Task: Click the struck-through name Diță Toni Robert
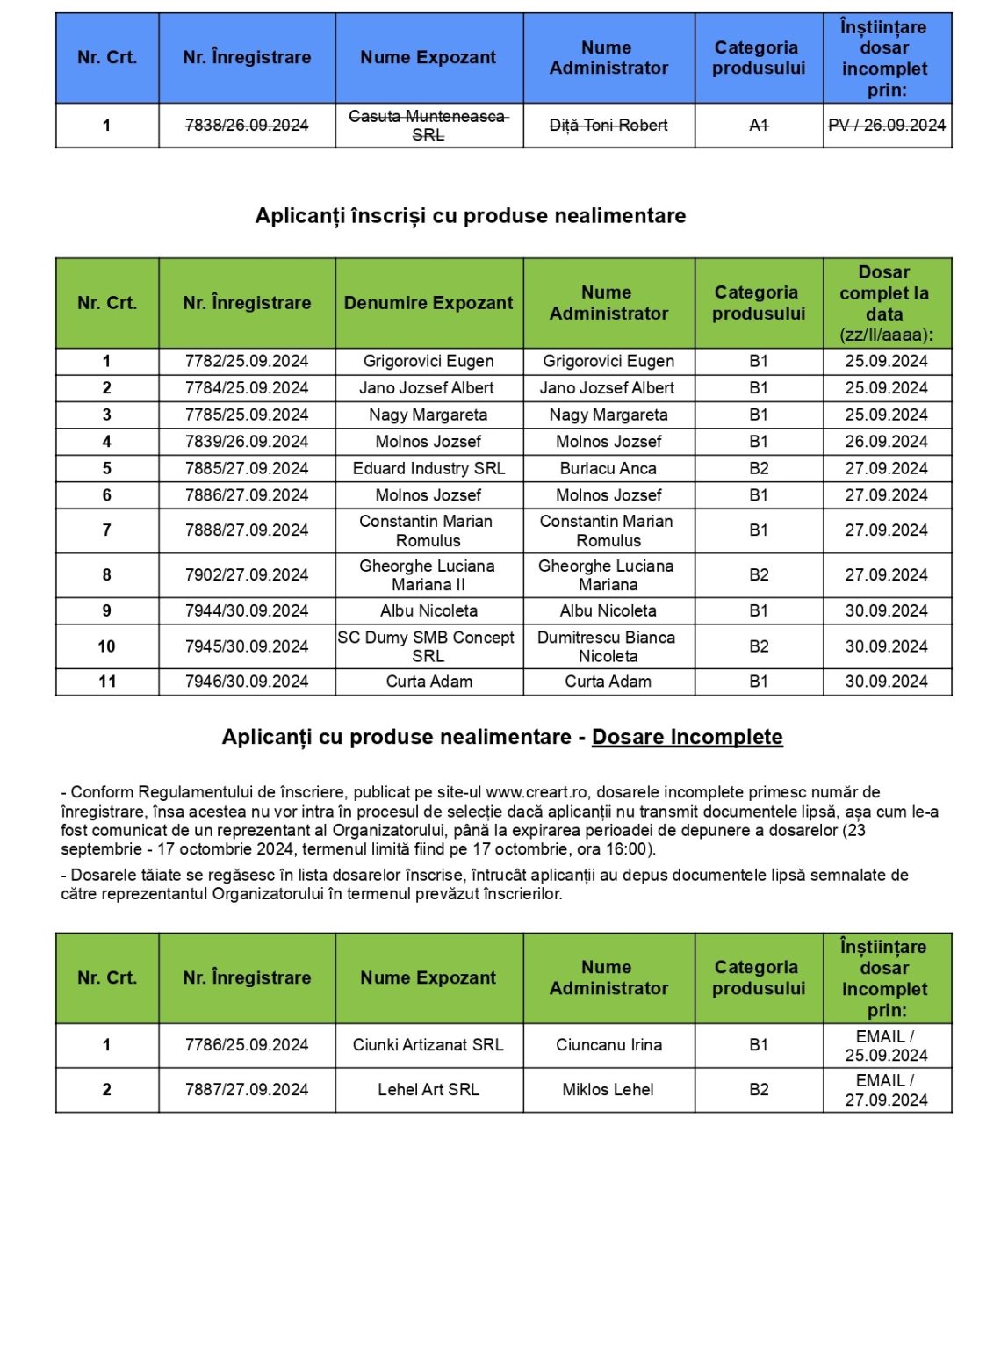[608, 126]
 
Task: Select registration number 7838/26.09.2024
[247, 126]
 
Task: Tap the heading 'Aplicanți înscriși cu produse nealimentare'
[471, 216]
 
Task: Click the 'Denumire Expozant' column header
[428, 303]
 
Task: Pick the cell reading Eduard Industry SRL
[428, 468]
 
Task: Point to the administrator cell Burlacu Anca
[608, 468]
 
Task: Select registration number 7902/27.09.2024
[247, 575]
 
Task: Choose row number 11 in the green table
[107, 682]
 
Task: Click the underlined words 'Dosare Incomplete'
[688, 737]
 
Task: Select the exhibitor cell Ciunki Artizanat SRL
[428, 1045]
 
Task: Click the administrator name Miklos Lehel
[608, 1090]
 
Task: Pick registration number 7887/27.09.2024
[247, 1090]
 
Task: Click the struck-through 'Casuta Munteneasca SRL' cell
[428, 126]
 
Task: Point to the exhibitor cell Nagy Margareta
[428, 415]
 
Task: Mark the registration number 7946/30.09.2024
[247, 682]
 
